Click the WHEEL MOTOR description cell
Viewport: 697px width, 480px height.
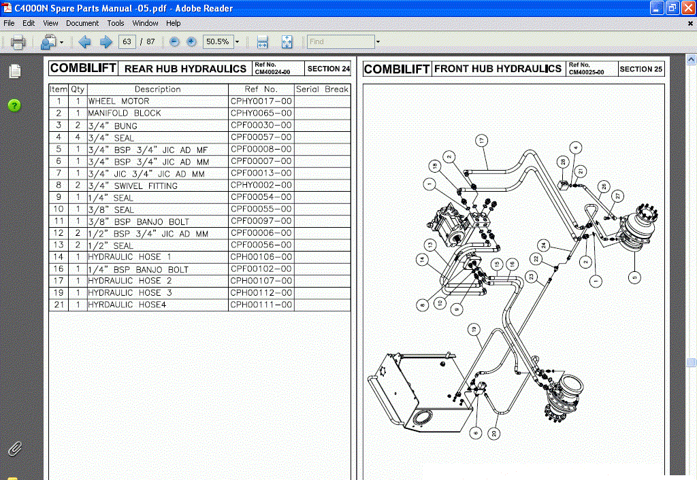point(119,101)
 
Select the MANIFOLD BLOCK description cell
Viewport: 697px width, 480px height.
point(125,114)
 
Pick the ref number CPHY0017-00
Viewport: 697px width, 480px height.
point(261,101)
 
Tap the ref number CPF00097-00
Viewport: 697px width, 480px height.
point(261,221)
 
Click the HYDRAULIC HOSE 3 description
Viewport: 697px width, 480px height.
point(130,293)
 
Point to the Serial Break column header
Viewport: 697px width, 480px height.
point(322,89)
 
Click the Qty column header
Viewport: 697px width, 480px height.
point(78,89)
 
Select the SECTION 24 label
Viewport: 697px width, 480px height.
point(328,69)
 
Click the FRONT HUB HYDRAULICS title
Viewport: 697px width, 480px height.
point(498,69)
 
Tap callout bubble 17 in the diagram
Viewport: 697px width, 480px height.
point(481,141)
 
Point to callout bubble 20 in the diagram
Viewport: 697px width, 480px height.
point(495,433)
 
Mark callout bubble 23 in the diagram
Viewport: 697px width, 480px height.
point(532,276)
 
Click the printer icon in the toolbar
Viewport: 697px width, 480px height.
point(18,42)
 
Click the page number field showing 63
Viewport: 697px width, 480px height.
point(126,41)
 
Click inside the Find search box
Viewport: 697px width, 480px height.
point(340,41)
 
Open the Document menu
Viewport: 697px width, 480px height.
point(82,23)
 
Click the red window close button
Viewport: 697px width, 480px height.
point(688,8)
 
